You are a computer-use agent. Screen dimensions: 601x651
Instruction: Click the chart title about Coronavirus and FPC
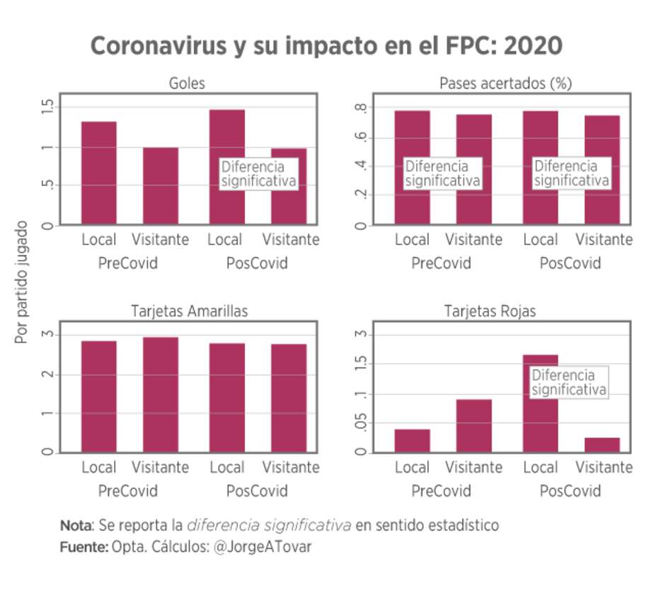[326, 46]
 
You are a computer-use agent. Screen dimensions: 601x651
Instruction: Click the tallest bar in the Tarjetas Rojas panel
[541, 403]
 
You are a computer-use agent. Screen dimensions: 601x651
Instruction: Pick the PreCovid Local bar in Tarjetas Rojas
[412, 440]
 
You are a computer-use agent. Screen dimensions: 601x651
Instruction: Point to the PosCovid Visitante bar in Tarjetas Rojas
[602, 445]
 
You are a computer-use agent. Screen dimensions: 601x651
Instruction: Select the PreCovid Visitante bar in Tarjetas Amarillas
[161, 394]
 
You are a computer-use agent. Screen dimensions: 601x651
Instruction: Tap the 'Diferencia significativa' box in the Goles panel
[258, 174]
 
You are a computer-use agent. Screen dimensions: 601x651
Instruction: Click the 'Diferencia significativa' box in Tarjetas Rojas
[569, 382]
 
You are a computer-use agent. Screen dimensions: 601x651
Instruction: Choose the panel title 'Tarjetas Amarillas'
[189, 311]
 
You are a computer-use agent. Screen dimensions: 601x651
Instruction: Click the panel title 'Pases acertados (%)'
[505, 84]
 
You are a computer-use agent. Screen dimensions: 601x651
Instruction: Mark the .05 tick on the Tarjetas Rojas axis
[362, 424]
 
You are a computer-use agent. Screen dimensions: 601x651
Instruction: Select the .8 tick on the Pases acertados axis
[362, 108]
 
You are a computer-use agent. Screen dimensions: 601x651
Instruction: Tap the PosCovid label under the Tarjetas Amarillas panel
[257, 491]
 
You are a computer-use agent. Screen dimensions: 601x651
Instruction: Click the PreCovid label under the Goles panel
[128, 263]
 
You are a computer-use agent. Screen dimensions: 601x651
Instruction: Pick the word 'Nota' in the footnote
[75, 526]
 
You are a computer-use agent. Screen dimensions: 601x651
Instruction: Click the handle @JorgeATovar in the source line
[262, 547]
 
